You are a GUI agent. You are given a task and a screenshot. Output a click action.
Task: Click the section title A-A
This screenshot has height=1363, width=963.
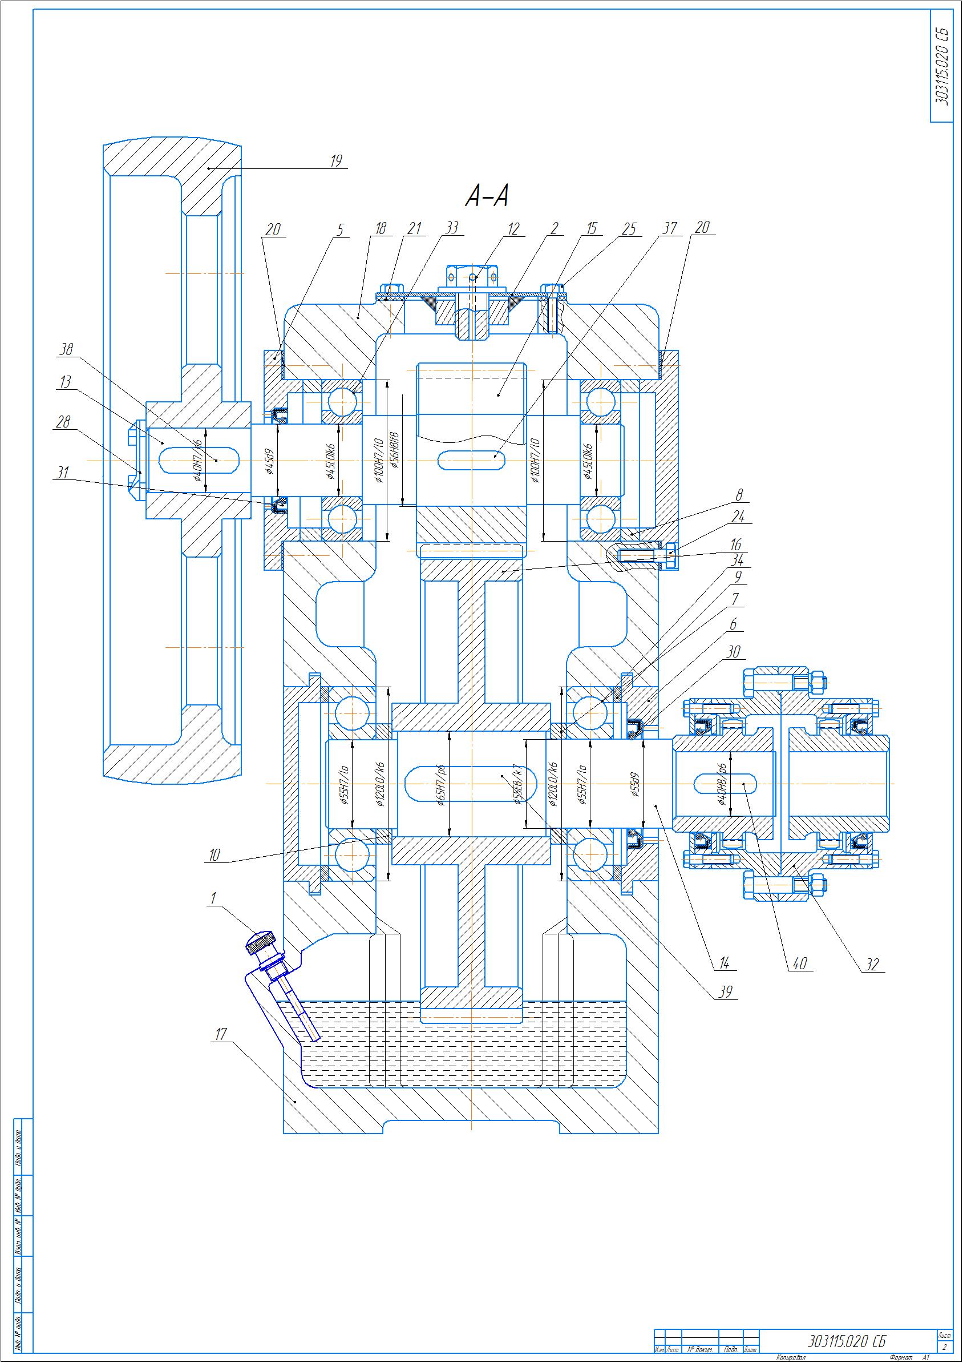pyautogui.click(x=487, y=196)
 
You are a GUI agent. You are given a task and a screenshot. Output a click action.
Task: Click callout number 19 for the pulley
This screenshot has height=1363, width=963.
pyautogui.click(x=337, y=160)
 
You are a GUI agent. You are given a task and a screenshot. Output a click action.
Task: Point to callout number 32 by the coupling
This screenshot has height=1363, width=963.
pyautogui.click(x=871, y=964)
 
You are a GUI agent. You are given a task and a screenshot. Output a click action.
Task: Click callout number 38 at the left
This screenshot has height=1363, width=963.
pyautogui.click(x=65, y=350)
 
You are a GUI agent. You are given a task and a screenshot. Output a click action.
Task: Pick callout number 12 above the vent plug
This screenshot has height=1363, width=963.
pyautogui.click(x=513, y=228)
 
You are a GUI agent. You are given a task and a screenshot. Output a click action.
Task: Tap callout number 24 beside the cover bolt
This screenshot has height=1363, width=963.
pyautogui.click(x=738, y=517)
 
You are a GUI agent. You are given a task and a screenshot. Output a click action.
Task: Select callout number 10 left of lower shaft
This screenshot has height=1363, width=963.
pyautogui.click(x=214, y=855)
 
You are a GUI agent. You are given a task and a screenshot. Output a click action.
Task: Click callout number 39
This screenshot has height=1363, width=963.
pyautogui.click(x=725, y=992)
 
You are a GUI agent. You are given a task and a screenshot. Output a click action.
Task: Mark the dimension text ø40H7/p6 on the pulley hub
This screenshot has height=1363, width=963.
pyautogui.click(x=199, y=461)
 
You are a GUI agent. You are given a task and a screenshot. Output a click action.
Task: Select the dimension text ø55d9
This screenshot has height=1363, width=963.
pyautogui.click(x=634, y=787)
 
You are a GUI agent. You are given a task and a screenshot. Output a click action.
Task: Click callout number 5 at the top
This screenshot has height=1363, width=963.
pyautogui.click(x=341, y=229)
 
